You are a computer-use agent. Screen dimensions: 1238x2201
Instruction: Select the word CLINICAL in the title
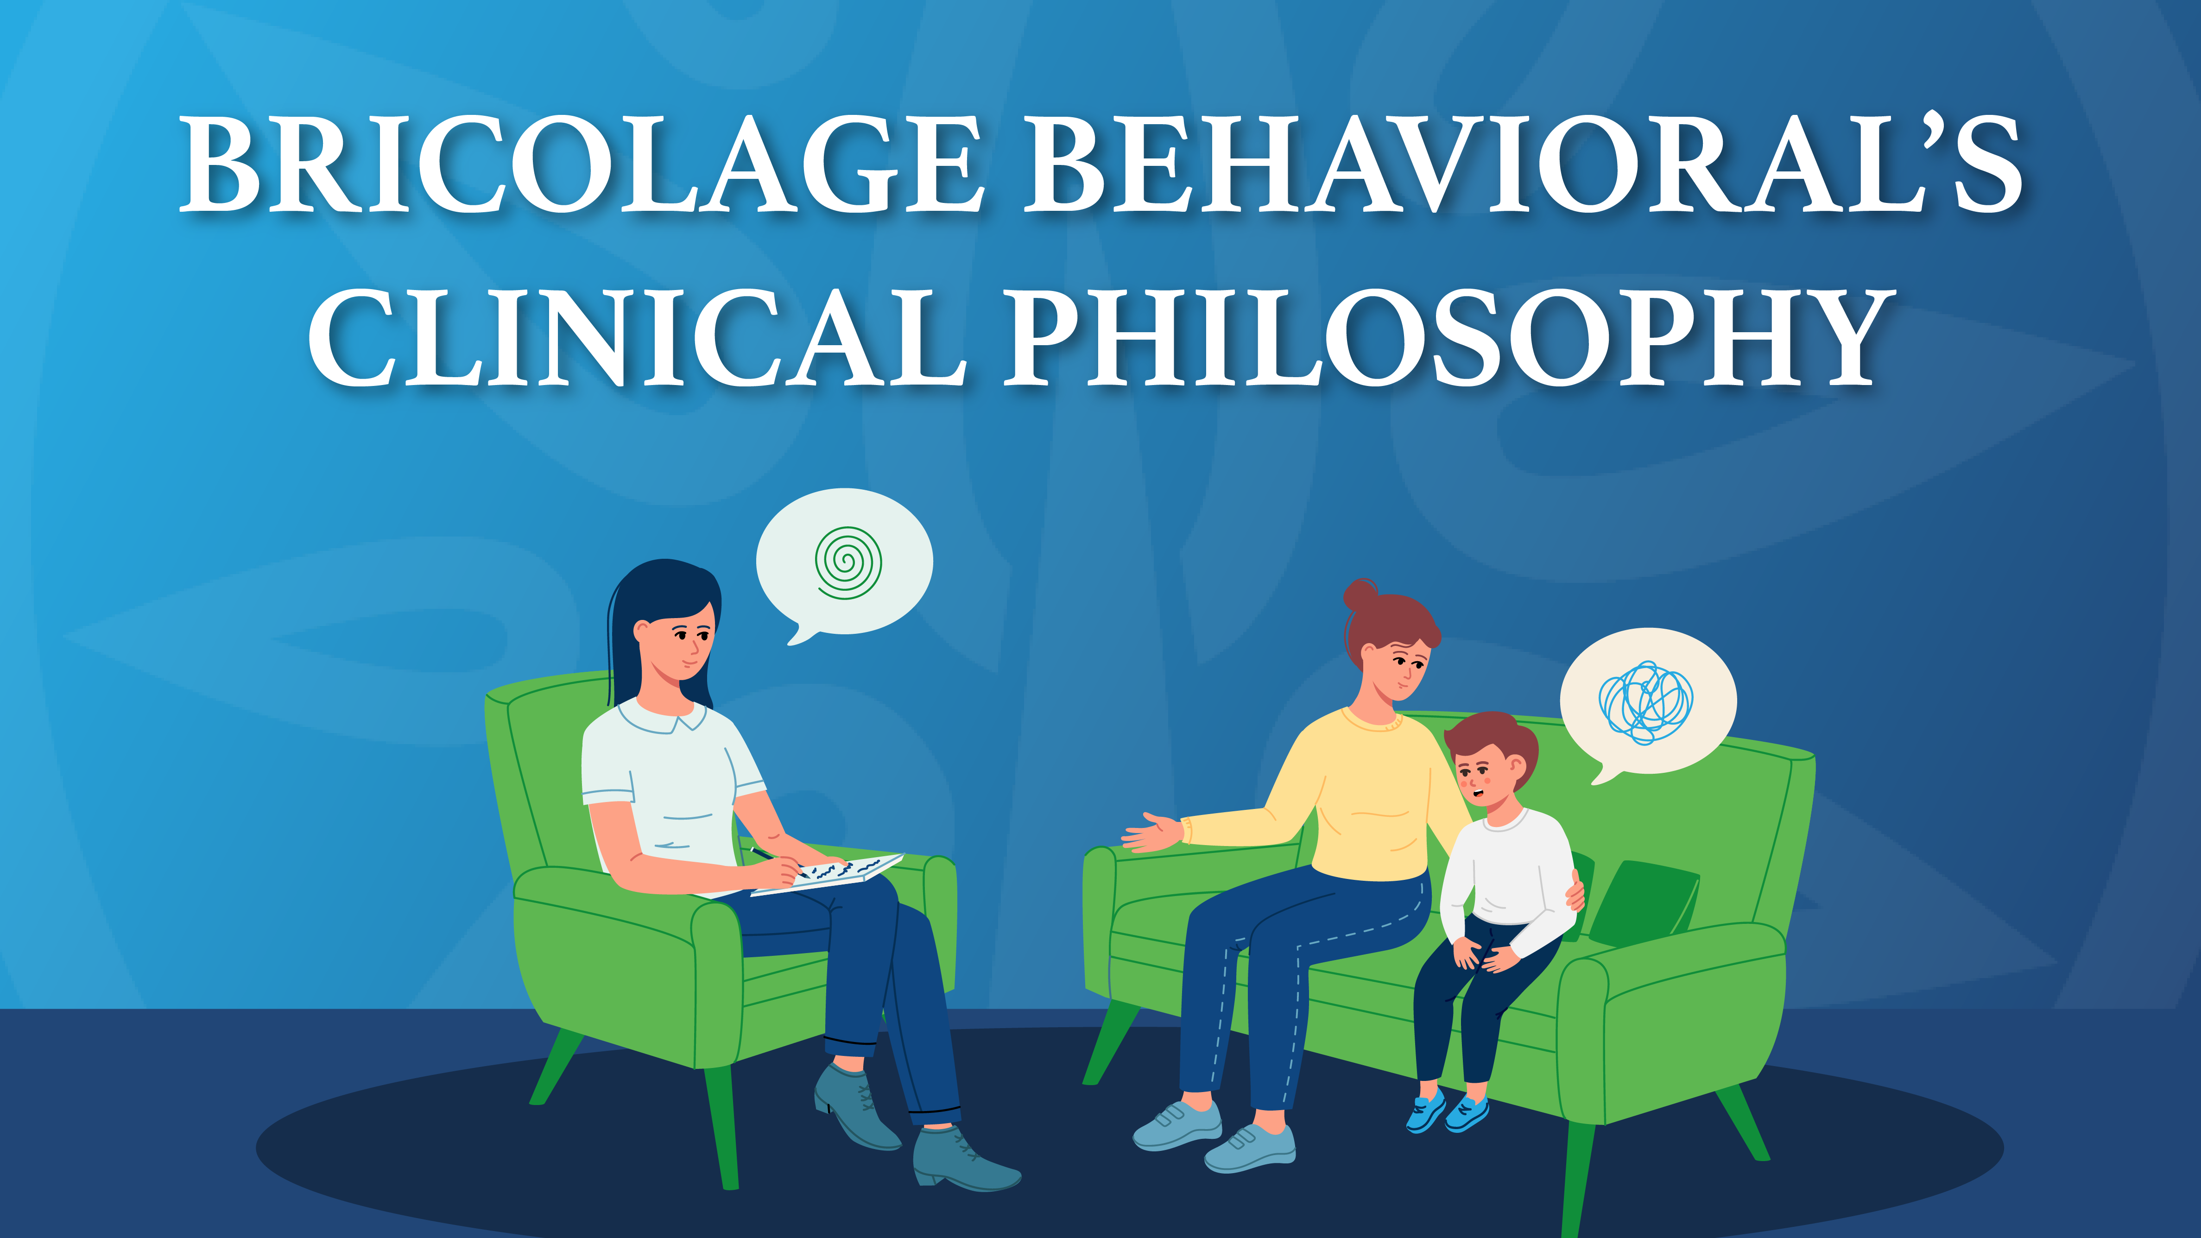[x=637, y=337]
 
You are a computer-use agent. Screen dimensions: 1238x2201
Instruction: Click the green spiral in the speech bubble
[x=848, y=562]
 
